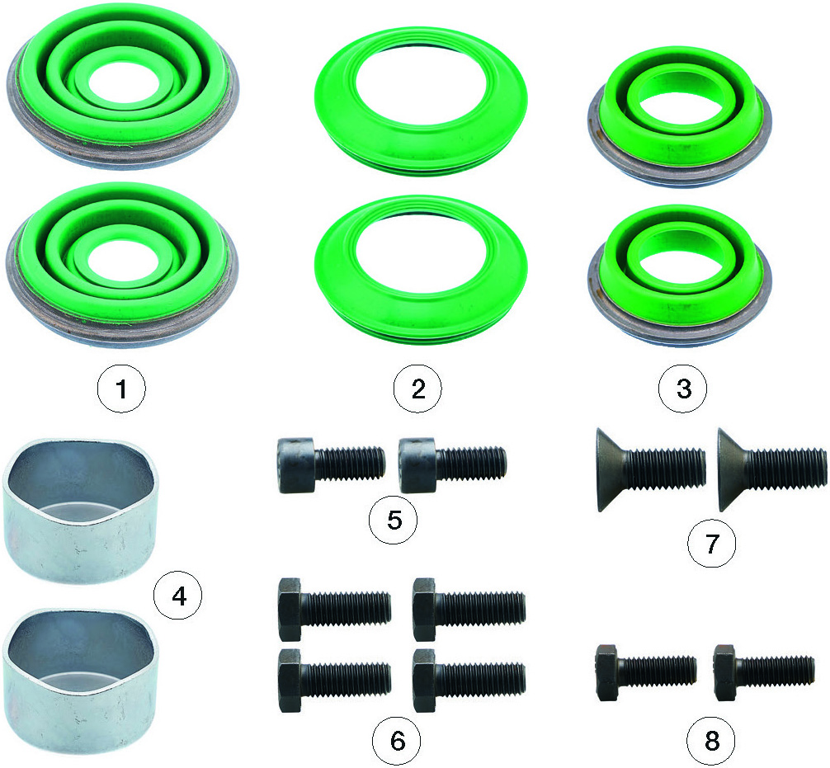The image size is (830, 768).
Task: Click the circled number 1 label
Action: [121, 389]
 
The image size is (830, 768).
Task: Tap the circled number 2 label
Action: [417, 389]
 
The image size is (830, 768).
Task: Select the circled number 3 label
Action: [683, 389]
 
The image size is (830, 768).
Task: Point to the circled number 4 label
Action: [178, 596]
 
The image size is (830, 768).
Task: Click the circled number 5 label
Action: [394, 520]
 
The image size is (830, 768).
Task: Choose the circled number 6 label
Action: [397, 741]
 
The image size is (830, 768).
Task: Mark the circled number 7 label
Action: [712, 543]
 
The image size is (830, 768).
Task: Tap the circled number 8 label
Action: [712, 741]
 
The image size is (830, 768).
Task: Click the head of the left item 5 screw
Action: [296, 465]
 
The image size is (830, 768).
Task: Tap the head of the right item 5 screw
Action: [417, 465]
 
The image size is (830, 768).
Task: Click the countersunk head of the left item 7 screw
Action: [611, 469]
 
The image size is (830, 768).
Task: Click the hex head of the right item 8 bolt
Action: [724, 673]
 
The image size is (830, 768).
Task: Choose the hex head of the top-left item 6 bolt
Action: [290, 610]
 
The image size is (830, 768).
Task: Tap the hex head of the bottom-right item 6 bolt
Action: [425, 680]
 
